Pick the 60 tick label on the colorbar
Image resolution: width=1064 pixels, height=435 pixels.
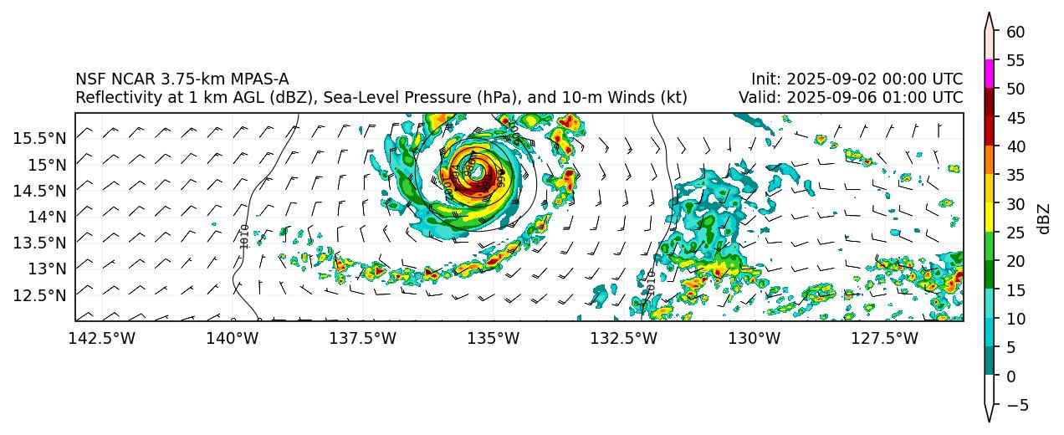click(1015, 32)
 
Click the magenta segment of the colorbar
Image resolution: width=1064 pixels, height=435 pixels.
click(989, 74)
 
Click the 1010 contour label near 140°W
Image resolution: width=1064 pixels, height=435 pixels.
click(244, 236)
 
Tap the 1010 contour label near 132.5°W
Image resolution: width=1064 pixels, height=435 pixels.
click(651, 282)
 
